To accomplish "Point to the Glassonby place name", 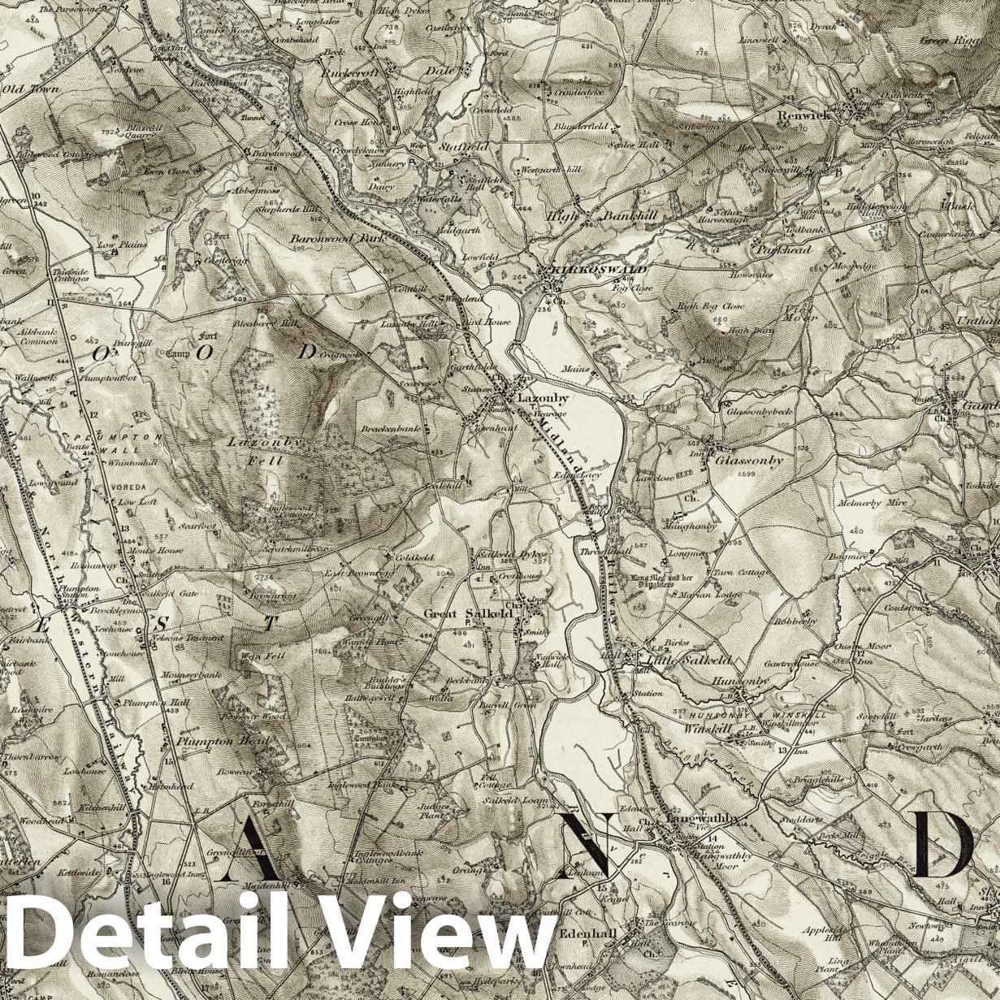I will (749, 461).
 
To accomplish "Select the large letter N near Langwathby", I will (589, 846).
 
